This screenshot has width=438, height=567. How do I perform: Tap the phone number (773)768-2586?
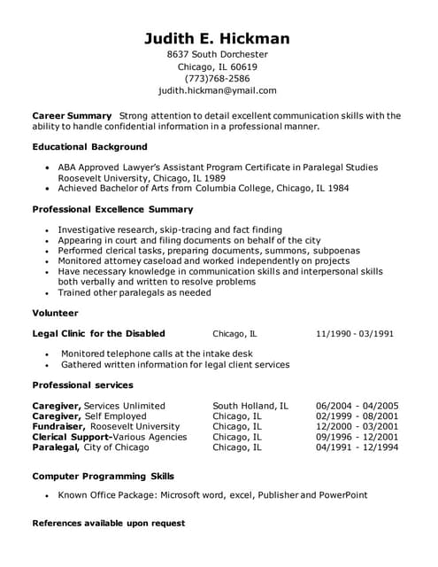[x=217, y=78]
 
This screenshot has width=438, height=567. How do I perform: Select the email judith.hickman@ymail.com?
[x=217, y=90]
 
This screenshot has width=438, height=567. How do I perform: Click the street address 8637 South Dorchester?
[x=217, y=54]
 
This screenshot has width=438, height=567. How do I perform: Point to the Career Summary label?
[x=72, y=115]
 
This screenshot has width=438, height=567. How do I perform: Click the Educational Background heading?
[x=89, y=146]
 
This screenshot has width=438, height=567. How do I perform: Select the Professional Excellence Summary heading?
[x=112, y=209]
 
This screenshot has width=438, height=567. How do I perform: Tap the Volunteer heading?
[x=55, y=313]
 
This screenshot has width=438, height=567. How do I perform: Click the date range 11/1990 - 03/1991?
[x=354, y=334]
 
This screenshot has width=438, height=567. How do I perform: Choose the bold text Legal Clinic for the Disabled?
[x=98, y=334]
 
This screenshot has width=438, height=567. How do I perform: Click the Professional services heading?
[x=82, y=385]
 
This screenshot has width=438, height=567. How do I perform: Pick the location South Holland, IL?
[x=250, y=406]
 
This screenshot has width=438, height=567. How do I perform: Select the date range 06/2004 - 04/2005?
[x=357, y=406]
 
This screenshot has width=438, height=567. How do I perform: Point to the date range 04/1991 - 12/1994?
[x=357, y=447]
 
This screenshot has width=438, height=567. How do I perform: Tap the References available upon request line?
[x=108, y=524]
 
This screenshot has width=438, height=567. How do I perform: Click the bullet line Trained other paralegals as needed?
[x=134, y=292]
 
